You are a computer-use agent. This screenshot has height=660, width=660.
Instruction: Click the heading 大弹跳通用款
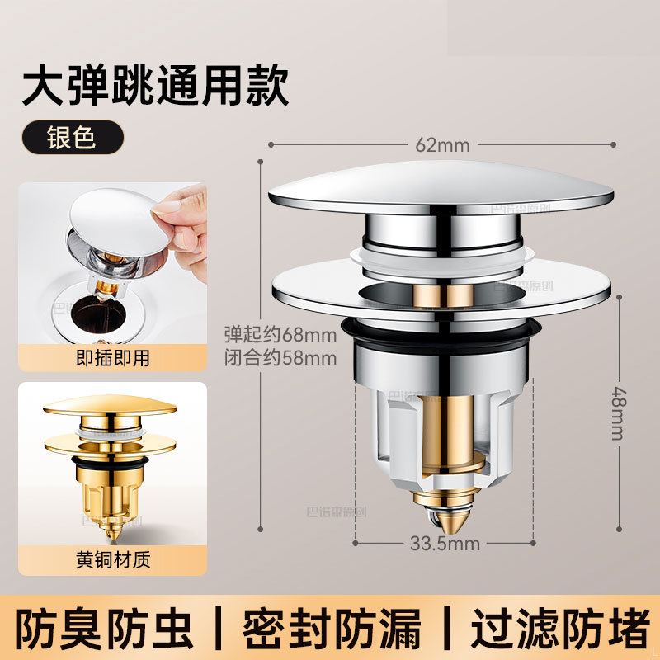(155, 87)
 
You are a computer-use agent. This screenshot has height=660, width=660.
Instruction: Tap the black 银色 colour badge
(73, 137)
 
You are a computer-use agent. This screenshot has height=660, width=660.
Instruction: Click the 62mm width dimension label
(442, 146)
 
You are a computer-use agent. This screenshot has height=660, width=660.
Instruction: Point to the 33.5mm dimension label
(445, 544)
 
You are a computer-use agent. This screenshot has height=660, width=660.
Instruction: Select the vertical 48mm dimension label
(619, 413)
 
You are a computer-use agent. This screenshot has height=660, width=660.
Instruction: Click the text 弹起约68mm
(280, 335)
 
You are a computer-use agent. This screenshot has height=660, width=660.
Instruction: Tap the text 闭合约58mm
(280, 358)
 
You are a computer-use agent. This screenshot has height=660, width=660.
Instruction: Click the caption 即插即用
(113, 358)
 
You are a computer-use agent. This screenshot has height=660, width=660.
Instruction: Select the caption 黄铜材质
(113, 560)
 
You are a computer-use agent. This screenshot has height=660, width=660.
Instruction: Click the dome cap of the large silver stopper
(441, 187)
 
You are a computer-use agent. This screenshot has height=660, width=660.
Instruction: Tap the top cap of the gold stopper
(110, 405)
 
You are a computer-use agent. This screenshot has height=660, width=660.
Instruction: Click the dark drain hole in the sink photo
(98, 313)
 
